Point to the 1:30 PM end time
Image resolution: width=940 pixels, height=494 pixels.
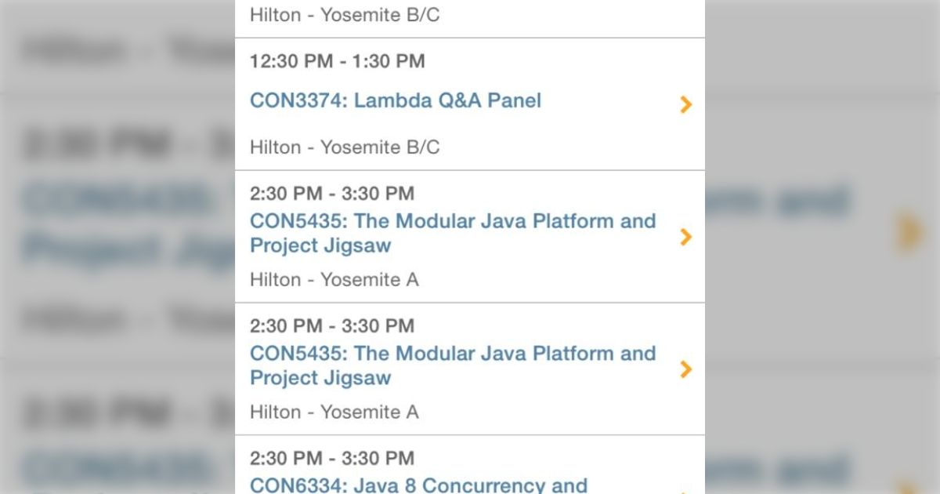point(388,61)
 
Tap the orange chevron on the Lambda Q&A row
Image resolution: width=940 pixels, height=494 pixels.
point(686,104)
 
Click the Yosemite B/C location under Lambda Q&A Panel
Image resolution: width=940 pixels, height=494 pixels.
point(380,147)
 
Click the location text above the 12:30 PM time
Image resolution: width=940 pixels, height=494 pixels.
point(345,15)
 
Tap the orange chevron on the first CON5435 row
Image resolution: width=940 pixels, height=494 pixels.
point(686,237)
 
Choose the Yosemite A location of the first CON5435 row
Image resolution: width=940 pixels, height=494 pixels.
point(369,280)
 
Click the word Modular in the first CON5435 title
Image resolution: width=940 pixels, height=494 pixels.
point(439,221)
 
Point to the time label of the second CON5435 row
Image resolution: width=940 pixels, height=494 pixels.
point(332,325)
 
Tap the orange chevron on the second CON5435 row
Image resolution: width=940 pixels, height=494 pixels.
point(686,369)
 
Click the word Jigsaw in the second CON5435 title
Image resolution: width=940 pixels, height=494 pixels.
point(356,378)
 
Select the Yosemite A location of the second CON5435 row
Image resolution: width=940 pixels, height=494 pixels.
point(369,412)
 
